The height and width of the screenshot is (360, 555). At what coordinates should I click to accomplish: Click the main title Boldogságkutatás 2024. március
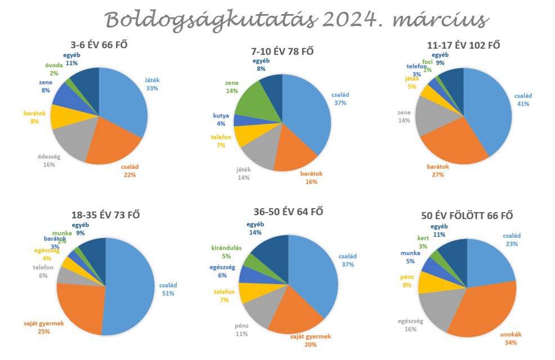click(x=296, y=20)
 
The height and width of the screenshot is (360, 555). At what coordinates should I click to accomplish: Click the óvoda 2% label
click(x=54, y=69)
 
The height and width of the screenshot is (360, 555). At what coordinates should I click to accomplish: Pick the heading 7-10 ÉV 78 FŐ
click(x=282, y=51)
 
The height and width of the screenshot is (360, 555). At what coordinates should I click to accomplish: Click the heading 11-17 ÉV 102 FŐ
click(x=463, y=46)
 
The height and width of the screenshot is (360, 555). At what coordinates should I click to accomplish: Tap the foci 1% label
click(x=427, y=67)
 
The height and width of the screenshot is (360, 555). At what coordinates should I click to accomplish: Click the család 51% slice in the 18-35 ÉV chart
click(x=129, y=287)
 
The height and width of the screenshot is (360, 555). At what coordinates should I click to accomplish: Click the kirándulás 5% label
click(x=225, y=252)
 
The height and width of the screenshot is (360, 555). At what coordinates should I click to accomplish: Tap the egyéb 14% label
click(x=254, y=228)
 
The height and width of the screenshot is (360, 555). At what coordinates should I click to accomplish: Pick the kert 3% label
click(x=423, y=242)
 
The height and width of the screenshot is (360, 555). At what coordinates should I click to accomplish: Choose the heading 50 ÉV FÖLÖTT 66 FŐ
click(x=467, y=215)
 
